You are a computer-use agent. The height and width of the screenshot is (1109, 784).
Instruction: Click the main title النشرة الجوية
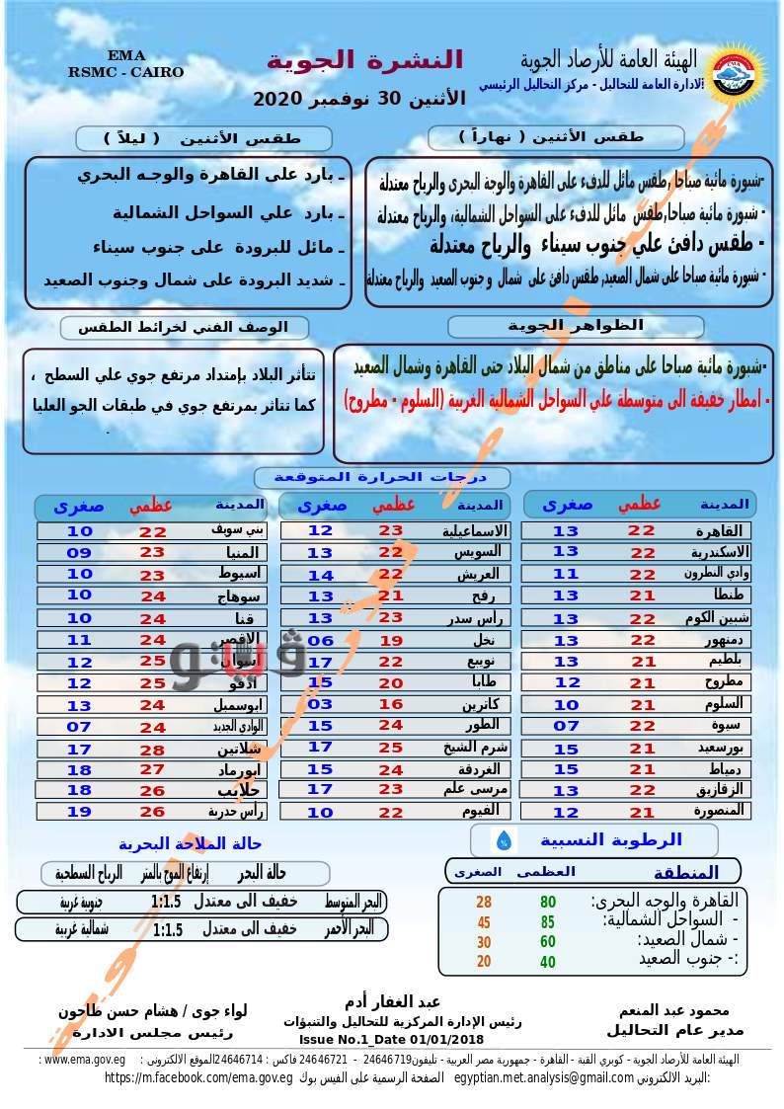coord(364,59)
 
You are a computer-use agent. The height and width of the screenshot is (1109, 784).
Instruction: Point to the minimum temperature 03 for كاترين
coord(320,705)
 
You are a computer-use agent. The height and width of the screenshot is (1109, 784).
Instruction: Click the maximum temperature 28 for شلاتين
coord(152,750)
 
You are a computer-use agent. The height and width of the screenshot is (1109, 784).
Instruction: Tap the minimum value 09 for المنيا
coord(79,552)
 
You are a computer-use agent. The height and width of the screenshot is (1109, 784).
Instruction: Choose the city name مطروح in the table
coord(730,682)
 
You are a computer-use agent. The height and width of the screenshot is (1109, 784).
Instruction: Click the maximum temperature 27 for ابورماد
coord(152,769)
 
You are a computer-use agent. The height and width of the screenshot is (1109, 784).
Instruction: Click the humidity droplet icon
coord(505,840)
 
